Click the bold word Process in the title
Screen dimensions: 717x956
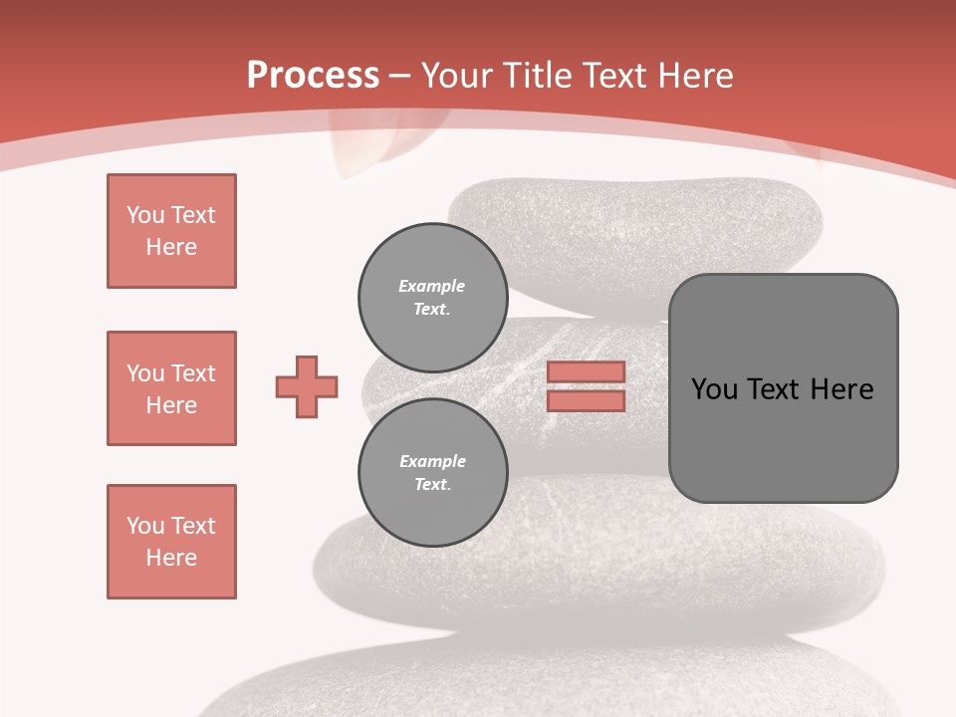(313, 76)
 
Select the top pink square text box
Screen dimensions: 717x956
(171, 231)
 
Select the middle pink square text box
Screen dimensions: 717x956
(171, 388)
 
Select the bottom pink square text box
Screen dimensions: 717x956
(171, 542)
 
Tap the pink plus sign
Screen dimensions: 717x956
(307, 386)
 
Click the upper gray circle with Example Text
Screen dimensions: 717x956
(432, 297)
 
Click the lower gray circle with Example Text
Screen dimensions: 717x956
(432, 472)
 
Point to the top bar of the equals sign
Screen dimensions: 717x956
(586, 372)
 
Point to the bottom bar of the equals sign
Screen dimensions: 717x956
(586, 400)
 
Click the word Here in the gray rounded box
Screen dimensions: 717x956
(841, 389)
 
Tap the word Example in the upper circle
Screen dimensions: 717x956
(432, 286)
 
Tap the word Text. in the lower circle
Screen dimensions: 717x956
(432, 485)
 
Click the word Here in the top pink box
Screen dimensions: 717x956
(171, 247)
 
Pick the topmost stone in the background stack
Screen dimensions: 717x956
(637, 224)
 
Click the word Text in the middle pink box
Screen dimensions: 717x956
(193, 373)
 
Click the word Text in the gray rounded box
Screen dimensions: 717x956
(772, 389)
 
